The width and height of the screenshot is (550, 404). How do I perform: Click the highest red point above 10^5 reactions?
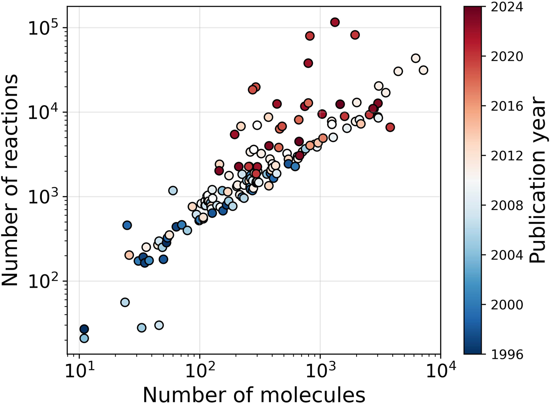coord(335,22)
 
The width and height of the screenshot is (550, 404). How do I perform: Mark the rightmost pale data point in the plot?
coord(423,70)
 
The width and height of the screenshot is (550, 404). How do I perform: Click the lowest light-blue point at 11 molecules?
coord(84,338)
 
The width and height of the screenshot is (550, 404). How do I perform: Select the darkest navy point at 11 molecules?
coord(84,329)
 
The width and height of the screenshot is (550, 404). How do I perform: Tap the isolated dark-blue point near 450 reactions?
coord(127,225)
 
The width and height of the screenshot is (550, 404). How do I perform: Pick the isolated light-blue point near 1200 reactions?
coord(173,190)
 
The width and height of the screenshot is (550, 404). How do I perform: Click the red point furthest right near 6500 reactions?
coord(390,127)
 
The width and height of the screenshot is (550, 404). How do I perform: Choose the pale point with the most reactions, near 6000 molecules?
coord(416,58)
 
